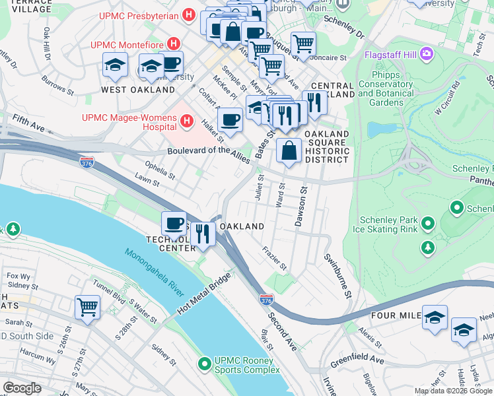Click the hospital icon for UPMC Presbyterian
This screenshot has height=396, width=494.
coord(189,15)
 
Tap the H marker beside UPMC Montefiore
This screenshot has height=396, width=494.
coord(174,44)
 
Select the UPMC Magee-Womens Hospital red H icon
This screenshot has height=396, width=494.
coord(187,121)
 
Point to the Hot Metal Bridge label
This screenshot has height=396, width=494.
coord(203,296)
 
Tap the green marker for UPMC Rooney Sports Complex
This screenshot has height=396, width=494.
coord(205,363)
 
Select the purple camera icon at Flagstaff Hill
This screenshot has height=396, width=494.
coord(427,53)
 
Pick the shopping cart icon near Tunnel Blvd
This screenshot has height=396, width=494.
coord(87,306)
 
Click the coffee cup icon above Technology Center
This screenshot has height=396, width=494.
coord(174,222)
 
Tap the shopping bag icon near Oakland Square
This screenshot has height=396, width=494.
coord(289,150)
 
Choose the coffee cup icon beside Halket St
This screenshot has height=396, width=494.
coord(230,119)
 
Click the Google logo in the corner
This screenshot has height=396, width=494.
coord(22,388)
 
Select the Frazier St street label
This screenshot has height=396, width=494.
coord(273,259)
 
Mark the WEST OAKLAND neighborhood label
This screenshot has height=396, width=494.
coord(138,89)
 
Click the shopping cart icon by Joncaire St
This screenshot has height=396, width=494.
coord(303,44)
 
